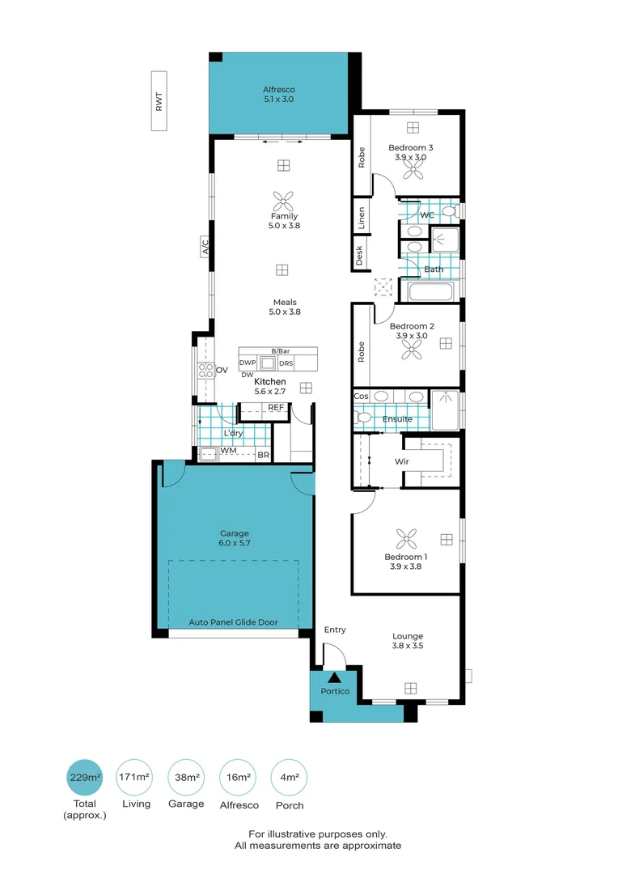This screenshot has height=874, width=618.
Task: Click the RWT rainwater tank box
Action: [x=159, y=101]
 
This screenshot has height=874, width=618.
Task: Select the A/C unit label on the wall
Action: [x=205, y=247]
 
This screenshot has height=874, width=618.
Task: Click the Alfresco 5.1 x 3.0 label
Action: [x=278, y=94]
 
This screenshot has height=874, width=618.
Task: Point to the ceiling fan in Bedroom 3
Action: [x=413, y=169]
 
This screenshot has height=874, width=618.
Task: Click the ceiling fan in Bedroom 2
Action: [x=413, y=347]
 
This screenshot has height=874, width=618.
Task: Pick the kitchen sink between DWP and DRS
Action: [x=268, y=363]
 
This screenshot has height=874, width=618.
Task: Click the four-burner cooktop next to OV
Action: [x=205, y=371]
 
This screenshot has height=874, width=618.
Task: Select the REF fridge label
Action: [x=275, y=407]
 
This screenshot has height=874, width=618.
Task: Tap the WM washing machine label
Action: [x=227, y=450]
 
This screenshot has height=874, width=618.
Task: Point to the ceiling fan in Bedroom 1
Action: [x=404, y=538]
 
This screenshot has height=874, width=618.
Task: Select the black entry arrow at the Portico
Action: [x=332, y=677]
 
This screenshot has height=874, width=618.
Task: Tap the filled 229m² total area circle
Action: [x=85, y=779]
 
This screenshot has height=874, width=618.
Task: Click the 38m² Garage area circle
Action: [x=188, y=779]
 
